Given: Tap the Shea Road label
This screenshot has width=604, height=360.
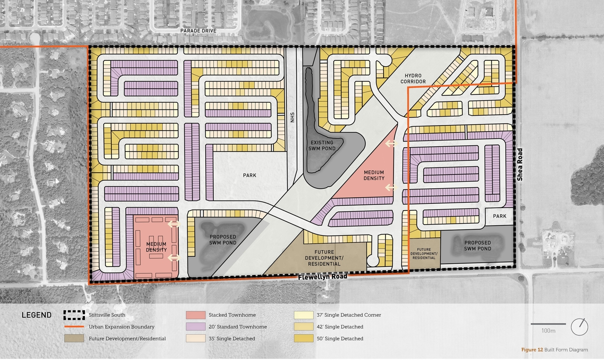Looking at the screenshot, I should tap(520, 165).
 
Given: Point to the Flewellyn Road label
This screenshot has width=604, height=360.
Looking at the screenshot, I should tap(322, 276).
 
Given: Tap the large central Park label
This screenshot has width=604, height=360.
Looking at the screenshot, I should tap(250, 176).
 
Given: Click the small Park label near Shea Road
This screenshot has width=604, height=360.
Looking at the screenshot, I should tap(500, 216).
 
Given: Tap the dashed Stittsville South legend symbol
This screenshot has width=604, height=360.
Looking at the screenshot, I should tap(74, 315).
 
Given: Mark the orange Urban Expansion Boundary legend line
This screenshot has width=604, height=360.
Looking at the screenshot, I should tap(74, 327).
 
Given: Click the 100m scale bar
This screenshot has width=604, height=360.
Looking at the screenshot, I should tap(548, 324).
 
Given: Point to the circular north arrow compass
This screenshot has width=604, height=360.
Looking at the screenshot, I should tap(579, 327).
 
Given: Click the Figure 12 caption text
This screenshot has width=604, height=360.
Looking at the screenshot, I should tap(554, 350).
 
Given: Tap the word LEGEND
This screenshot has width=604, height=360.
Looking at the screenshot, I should tap(36, 315).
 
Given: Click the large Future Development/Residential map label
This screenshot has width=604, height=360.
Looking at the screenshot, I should tap(323, 258).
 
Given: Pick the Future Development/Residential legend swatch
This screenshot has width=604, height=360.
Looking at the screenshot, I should tap(74, 338).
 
